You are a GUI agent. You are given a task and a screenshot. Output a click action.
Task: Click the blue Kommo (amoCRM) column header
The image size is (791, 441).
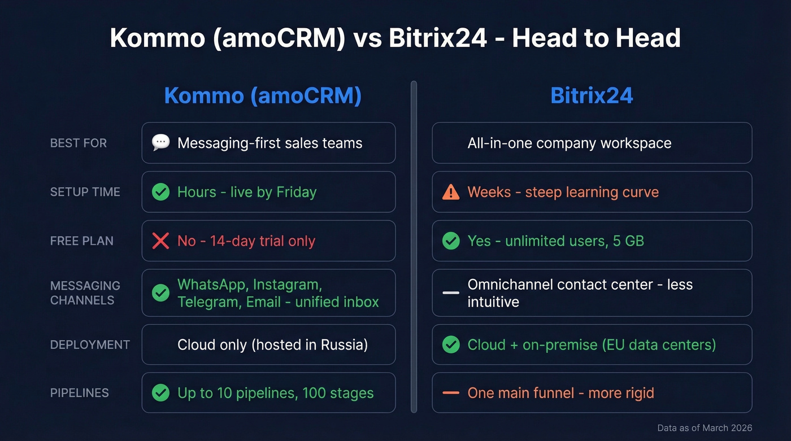[263, 96]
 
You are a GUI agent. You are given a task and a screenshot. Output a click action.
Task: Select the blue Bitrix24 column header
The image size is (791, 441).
[592, 96]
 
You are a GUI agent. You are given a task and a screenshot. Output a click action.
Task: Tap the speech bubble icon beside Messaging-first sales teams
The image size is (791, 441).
[161, 142]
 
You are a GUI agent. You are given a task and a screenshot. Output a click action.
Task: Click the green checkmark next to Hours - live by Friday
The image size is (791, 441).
[161, 192]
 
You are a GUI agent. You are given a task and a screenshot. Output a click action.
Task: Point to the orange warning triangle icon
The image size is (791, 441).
[451, 192]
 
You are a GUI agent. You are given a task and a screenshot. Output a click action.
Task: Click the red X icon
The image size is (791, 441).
[161, 241]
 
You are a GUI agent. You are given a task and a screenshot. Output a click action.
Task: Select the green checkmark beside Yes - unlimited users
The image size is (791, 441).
[451, 241]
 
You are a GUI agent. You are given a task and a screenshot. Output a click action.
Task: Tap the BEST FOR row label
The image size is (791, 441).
[79, 143]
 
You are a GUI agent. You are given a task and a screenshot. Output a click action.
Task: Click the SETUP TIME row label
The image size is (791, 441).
[85, 192]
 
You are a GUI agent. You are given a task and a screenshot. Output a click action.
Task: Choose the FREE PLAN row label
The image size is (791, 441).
[82, 241]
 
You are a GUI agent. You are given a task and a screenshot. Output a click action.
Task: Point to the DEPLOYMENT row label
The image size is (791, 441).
[90, 344]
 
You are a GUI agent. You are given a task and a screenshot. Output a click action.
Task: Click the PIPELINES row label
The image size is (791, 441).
[80, 393]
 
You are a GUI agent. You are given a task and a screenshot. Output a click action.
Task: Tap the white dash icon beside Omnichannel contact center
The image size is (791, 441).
[451, 292]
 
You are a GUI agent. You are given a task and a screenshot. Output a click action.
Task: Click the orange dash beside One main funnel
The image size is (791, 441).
[451, 393]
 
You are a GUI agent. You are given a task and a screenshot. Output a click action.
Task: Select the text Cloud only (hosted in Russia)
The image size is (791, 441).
[272, 344]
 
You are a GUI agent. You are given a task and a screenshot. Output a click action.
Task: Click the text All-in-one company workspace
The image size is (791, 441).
[570, 143]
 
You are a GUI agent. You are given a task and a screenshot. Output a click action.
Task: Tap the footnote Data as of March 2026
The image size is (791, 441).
[705, 428]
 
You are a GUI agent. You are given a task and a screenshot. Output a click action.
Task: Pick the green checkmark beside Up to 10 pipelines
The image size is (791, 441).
[161, 393]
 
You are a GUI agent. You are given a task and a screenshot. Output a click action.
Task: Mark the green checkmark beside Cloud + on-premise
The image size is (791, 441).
[451, 344]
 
